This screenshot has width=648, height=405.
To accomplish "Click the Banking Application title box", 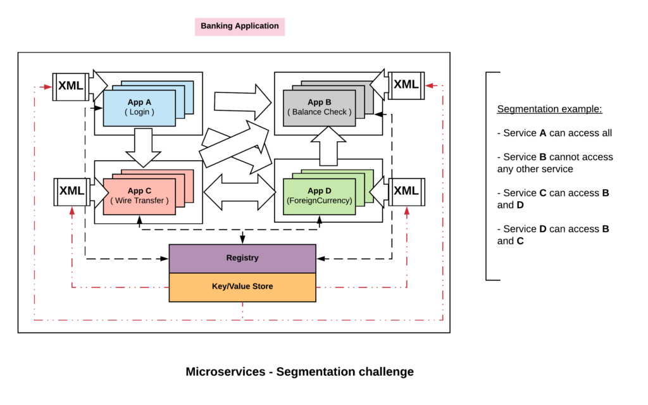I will [239, 27].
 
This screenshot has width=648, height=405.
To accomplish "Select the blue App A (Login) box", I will [139, 108].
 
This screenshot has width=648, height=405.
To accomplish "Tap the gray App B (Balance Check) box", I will [319, 108].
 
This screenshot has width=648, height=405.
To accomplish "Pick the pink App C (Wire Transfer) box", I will [139, 196].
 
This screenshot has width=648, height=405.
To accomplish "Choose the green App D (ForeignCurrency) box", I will [319, 196].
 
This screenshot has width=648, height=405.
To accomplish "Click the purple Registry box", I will [242, 258].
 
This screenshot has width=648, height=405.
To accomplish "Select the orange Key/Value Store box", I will [242, 287].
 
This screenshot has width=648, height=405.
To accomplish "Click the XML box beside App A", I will [70, 86].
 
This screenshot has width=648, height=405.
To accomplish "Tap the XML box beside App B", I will [406, 85].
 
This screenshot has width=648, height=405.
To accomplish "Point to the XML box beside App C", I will [72, 191].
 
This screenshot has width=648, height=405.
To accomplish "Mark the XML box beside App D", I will [406, 191].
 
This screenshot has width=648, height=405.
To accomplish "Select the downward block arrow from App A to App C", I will [144, 147].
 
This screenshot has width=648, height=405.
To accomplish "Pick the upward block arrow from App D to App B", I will [328, 144].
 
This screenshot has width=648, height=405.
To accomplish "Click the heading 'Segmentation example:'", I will [549, 109].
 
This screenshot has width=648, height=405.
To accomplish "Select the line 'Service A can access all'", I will [554, 133].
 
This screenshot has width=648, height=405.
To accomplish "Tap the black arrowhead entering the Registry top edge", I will [242, 240].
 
